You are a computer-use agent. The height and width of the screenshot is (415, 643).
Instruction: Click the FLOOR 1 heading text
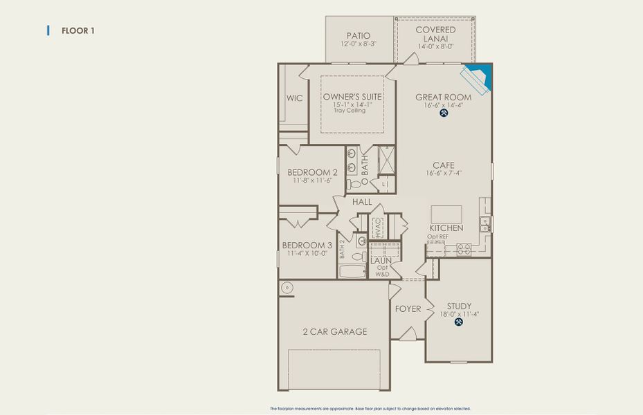[x=78, y=30]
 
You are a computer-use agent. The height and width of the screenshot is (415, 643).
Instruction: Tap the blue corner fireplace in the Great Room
[x=479, y=76]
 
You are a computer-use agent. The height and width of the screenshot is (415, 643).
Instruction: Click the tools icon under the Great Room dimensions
[x=443, y=113]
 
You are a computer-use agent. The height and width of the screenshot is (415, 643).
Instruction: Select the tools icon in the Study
[x=458, y=322]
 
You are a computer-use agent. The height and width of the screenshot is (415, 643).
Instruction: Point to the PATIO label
[x=358, y=36]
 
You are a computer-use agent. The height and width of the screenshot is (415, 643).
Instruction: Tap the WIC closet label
[x=295, y=98]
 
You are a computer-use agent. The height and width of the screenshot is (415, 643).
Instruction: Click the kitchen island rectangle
[x=446, y=214]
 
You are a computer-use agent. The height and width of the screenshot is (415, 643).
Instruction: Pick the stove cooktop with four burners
[x=463, y=251]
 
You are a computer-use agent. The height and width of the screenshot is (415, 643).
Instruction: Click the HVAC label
[x=378, y=227]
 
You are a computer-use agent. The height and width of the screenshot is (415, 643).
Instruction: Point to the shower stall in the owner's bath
[x=387, y=160]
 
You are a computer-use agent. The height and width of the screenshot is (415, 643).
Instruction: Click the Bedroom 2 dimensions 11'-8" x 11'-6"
[x=312, y=181]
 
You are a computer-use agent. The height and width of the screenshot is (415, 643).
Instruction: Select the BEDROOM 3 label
[x=307, y=246]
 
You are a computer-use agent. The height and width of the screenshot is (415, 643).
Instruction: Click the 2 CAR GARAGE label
[x=335, y=332]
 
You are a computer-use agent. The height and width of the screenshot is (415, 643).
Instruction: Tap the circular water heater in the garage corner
[x=285, y=287]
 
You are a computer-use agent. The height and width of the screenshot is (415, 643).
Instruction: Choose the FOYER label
[x=408, y=308]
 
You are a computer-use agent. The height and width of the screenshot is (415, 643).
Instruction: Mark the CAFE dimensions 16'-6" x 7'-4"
[x=444, y=174]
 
